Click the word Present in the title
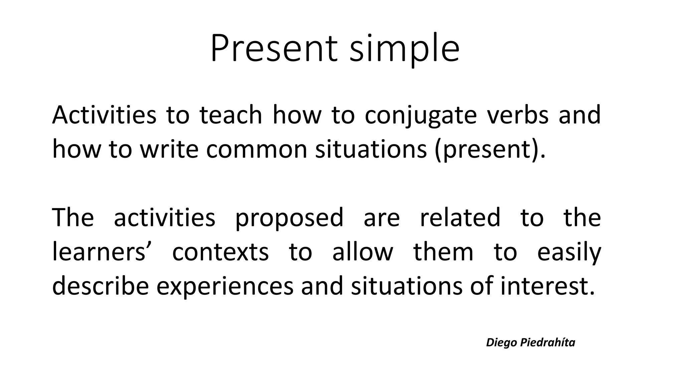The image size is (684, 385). click(274, 49)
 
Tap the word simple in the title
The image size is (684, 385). click(404, 50)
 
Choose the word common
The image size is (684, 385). click(256, 149)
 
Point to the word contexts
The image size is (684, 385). click(220, 252)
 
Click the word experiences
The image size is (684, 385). click(225, 287)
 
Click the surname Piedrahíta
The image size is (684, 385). click(548, 343)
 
